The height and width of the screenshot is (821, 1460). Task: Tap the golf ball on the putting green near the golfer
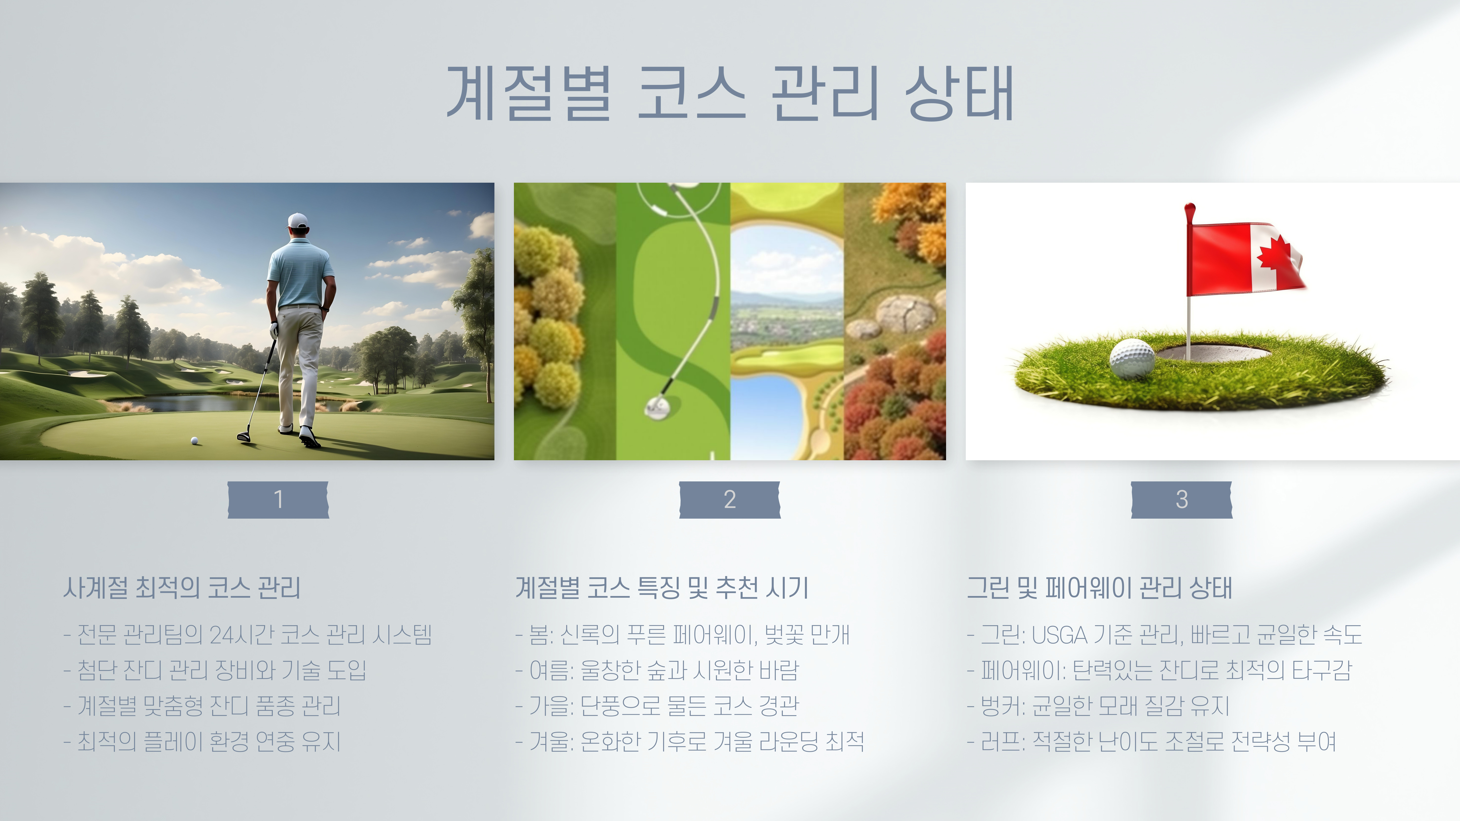point(194,440)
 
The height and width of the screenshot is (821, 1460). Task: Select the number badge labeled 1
point(278,500)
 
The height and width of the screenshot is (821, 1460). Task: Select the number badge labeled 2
point(730,500)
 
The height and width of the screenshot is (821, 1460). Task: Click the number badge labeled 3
point(1182,500)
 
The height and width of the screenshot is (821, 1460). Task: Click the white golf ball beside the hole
point(1132,358)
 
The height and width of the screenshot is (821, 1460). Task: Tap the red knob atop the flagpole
point(1190,210)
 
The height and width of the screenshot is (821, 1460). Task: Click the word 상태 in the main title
point(959,93)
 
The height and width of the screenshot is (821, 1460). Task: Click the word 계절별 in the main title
point(529,93)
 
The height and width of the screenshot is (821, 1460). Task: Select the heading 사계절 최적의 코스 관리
point(182,587)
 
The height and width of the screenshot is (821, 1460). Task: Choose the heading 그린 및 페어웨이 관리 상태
point(1100,587)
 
